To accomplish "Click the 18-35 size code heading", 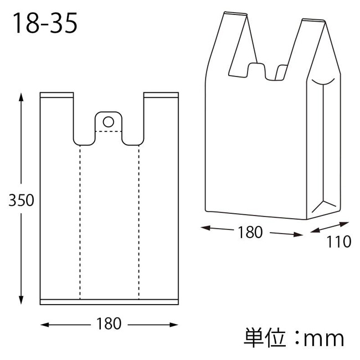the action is (x=45, y=23).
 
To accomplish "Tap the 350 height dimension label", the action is (x=21, y=200).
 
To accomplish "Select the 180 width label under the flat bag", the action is (x=109, y=324).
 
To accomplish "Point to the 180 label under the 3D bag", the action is (x=250, y=232).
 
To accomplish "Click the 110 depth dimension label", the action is (x=339, y=241).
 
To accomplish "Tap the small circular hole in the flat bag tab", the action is (x=109, y=122).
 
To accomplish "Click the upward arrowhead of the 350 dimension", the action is (x=21, y=97).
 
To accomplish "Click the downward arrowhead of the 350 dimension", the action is (x=21, y=300).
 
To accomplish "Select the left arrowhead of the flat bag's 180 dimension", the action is (x=45, y=325).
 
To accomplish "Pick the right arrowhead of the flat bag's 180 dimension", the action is (x=174, y=325).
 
